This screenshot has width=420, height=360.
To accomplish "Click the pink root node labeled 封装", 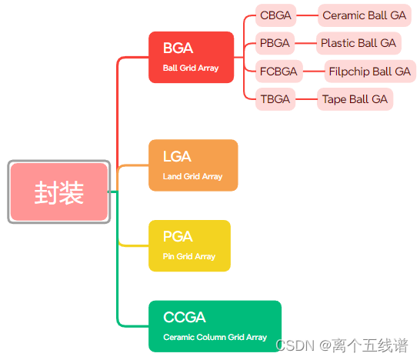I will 59,192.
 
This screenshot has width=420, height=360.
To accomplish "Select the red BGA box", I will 191,56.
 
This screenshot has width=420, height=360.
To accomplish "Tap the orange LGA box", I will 193,165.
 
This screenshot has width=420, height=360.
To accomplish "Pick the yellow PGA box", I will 189,245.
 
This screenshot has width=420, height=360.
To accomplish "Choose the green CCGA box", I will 215,326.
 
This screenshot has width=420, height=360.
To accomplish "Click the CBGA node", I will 275,15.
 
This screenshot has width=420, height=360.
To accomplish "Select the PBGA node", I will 275,43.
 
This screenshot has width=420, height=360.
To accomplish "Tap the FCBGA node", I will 278,72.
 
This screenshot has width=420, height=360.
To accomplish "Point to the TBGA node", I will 275,99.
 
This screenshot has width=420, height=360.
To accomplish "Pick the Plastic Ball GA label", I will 358,43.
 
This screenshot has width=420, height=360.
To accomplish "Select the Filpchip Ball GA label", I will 369,72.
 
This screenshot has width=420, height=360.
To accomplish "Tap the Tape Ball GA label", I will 355,99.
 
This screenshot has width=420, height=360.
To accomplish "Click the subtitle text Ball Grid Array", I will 191,68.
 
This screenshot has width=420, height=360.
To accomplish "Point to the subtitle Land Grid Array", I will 192,176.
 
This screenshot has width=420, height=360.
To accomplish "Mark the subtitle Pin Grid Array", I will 189,256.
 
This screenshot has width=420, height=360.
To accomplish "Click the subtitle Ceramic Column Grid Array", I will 215,337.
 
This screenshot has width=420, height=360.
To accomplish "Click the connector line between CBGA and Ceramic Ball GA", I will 307,15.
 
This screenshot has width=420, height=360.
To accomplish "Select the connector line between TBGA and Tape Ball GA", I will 306,99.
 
